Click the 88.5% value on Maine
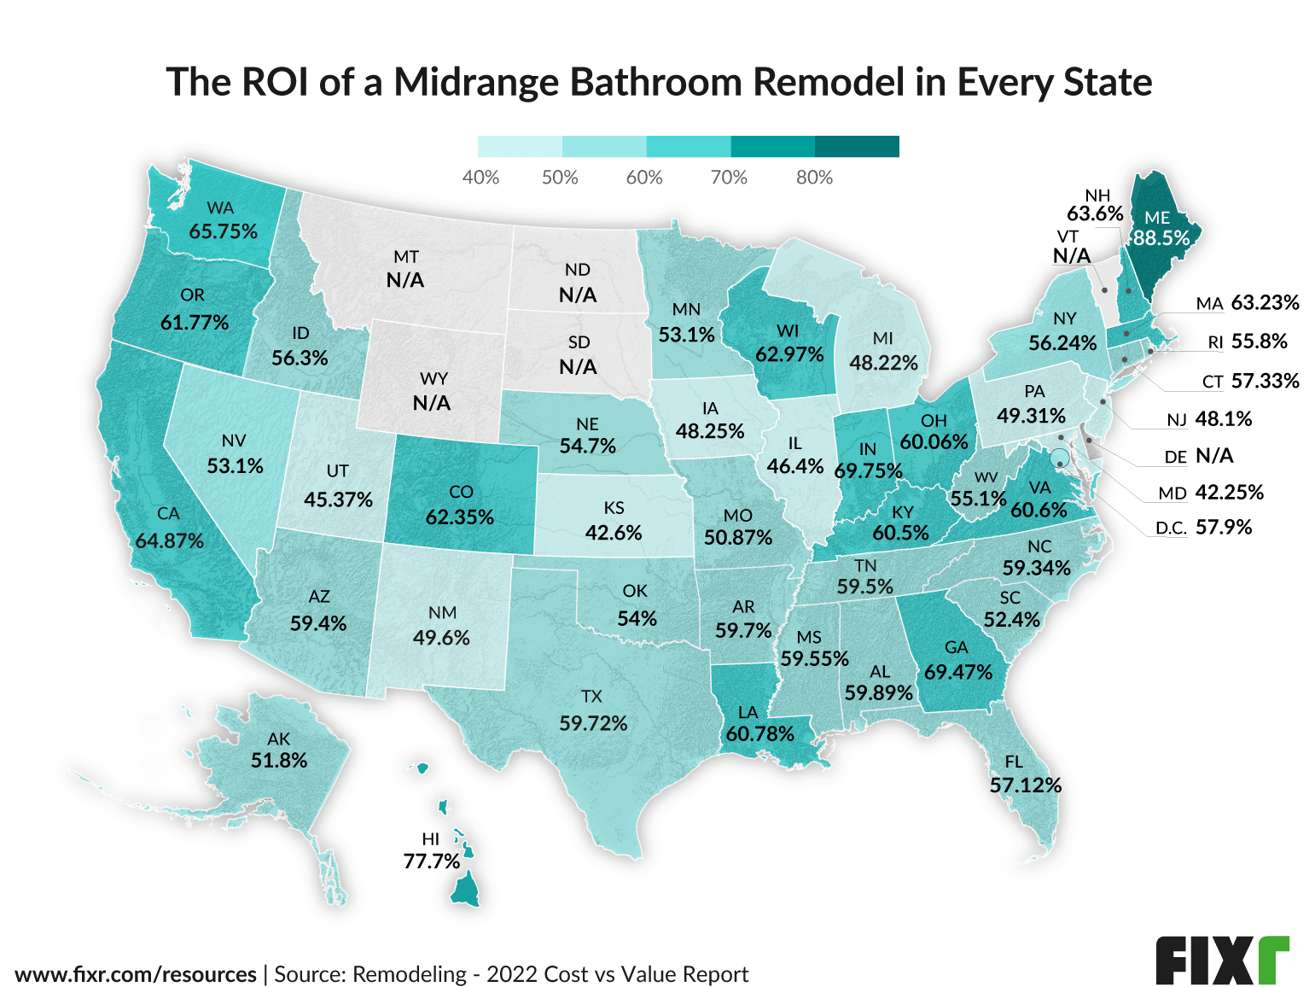pos(1161,238)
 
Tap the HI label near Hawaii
pos(430,839)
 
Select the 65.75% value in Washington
pos(223,231)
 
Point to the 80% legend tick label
pos(814,178)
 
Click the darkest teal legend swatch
pos(857,146)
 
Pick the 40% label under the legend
pos(480,178)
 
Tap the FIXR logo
pos(1222,960)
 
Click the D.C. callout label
pos(1171,529)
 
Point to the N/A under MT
pos(405,280)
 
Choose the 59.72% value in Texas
pos(593,724)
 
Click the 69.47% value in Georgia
pos(958,672)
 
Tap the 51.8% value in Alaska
pos(279,760)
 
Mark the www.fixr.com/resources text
pos(136,974)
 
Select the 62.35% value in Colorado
pos(460,517)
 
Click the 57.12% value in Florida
pos(1025,785)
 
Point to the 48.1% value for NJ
pos(1224,419)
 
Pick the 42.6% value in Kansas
pos(614,532)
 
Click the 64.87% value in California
pos(169,540)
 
